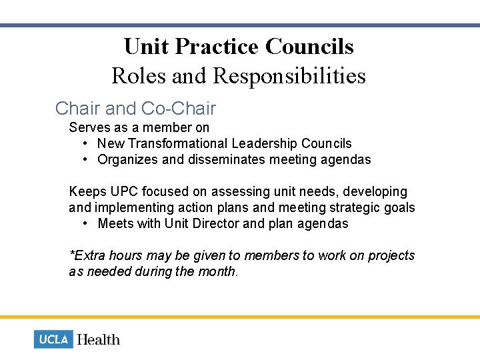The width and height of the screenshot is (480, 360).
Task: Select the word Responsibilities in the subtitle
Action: click(289, 75)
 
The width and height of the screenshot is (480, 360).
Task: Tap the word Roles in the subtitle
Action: click(139, 75)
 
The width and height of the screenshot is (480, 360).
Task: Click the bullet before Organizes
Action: click(87, 159)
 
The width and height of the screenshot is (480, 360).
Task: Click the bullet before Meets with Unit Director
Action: click(87, 223)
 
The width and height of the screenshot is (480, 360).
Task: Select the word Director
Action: click(217, 223)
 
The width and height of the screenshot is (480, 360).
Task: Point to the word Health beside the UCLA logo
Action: click(99, 339)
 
